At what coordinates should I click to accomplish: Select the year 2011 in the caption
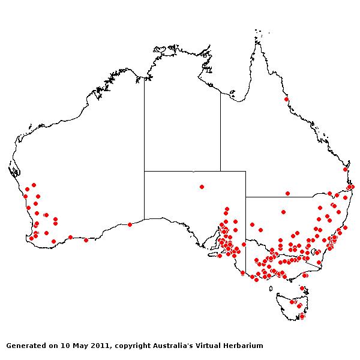point(99,346)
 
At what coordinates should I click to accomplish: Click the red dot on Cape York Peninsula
point(287,99)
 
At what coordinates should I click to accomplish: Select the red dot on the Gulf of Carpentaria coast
point(232,92)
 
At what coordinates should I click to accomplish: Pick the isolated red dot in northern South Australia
point(202,187)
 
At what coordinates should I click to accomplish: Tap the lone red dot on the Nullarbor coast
point(130,224)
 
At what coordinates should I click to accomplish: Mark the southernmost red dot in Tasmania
point(302,316)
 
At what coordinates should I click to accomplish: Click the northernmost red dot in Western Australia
point(34,185)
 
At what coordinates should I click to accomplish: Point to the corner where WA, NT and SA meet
point(144,171)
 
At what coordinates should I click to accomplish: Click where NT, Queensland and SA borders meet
point(220,171)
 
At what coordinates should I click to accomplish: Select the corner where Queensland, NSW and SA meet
point(245,197)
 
